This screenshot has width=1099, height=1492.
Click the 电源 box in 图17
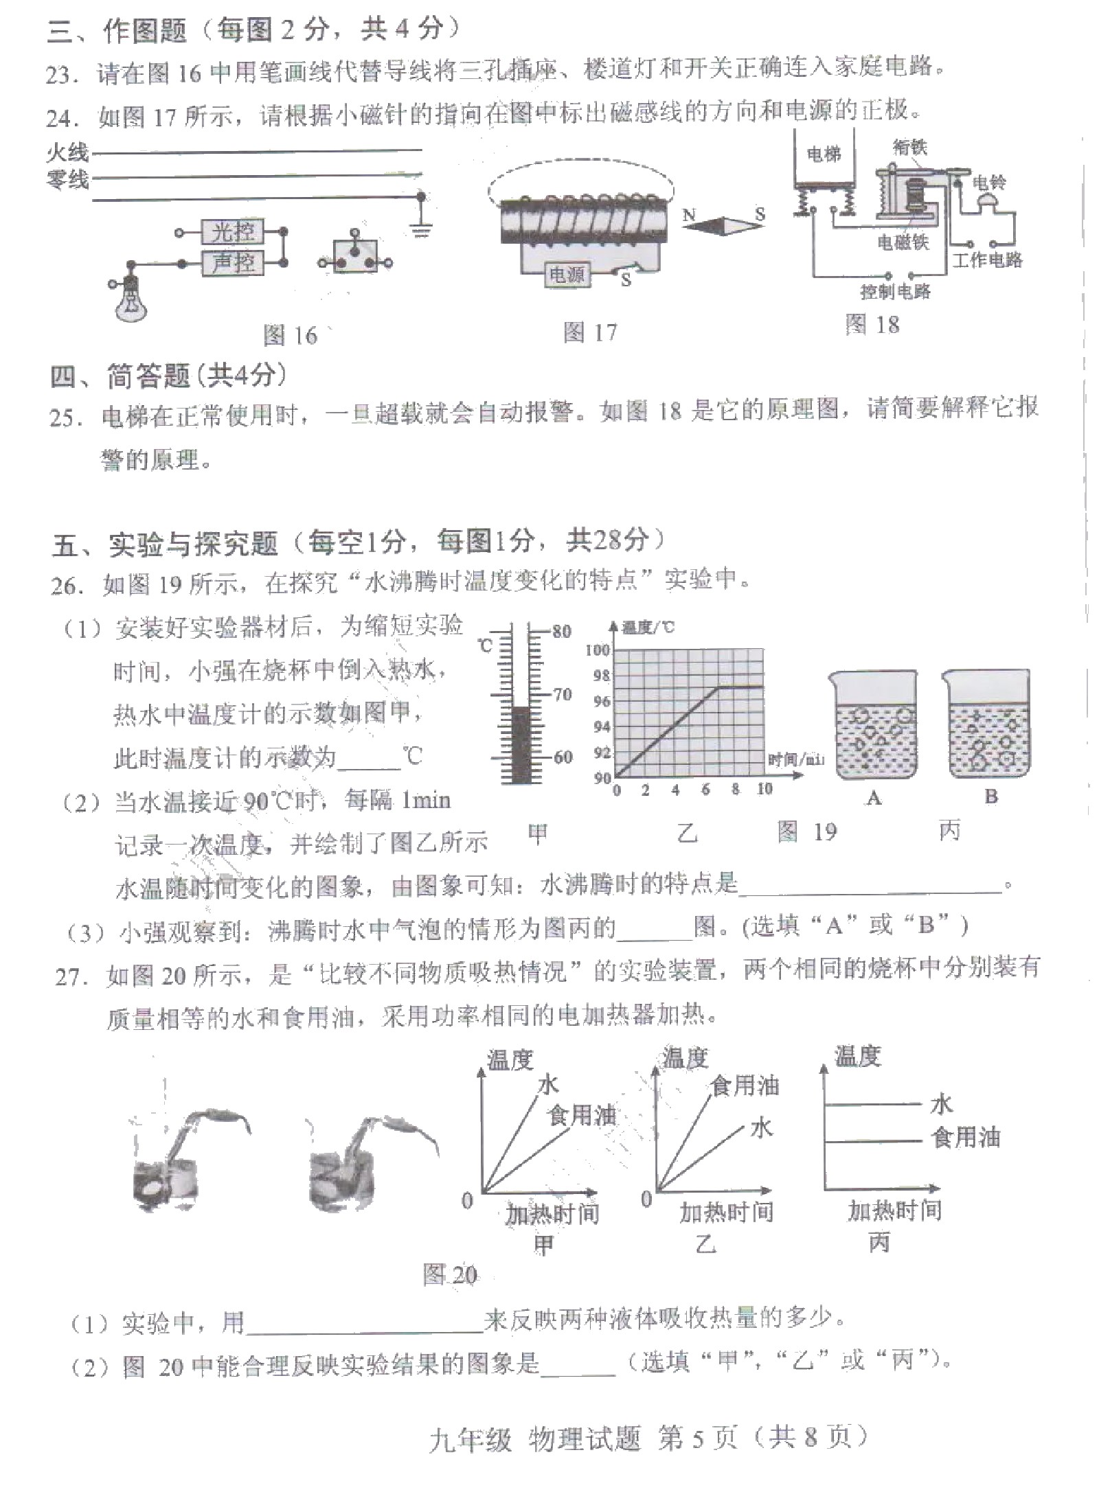(x=567, y=275)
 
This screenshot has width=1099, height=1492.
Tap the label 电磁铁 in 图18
(x=903, y=242)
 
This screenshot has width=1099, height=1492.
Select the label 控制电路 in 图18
(x=895, y=291)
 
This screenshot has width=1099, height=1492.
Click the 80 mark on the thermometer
(x=562, y=631)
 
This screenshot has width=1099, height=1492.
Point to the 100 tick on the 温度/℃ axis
(x=597, y=650)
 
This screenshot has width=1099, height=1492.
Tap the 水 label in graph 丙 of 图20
(x=941, y=1104)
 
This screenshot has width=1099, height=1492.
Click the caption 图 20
(x=450, y=1275)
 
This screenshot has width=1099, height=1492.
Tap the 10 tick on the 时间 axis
(x=764, y=790)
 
